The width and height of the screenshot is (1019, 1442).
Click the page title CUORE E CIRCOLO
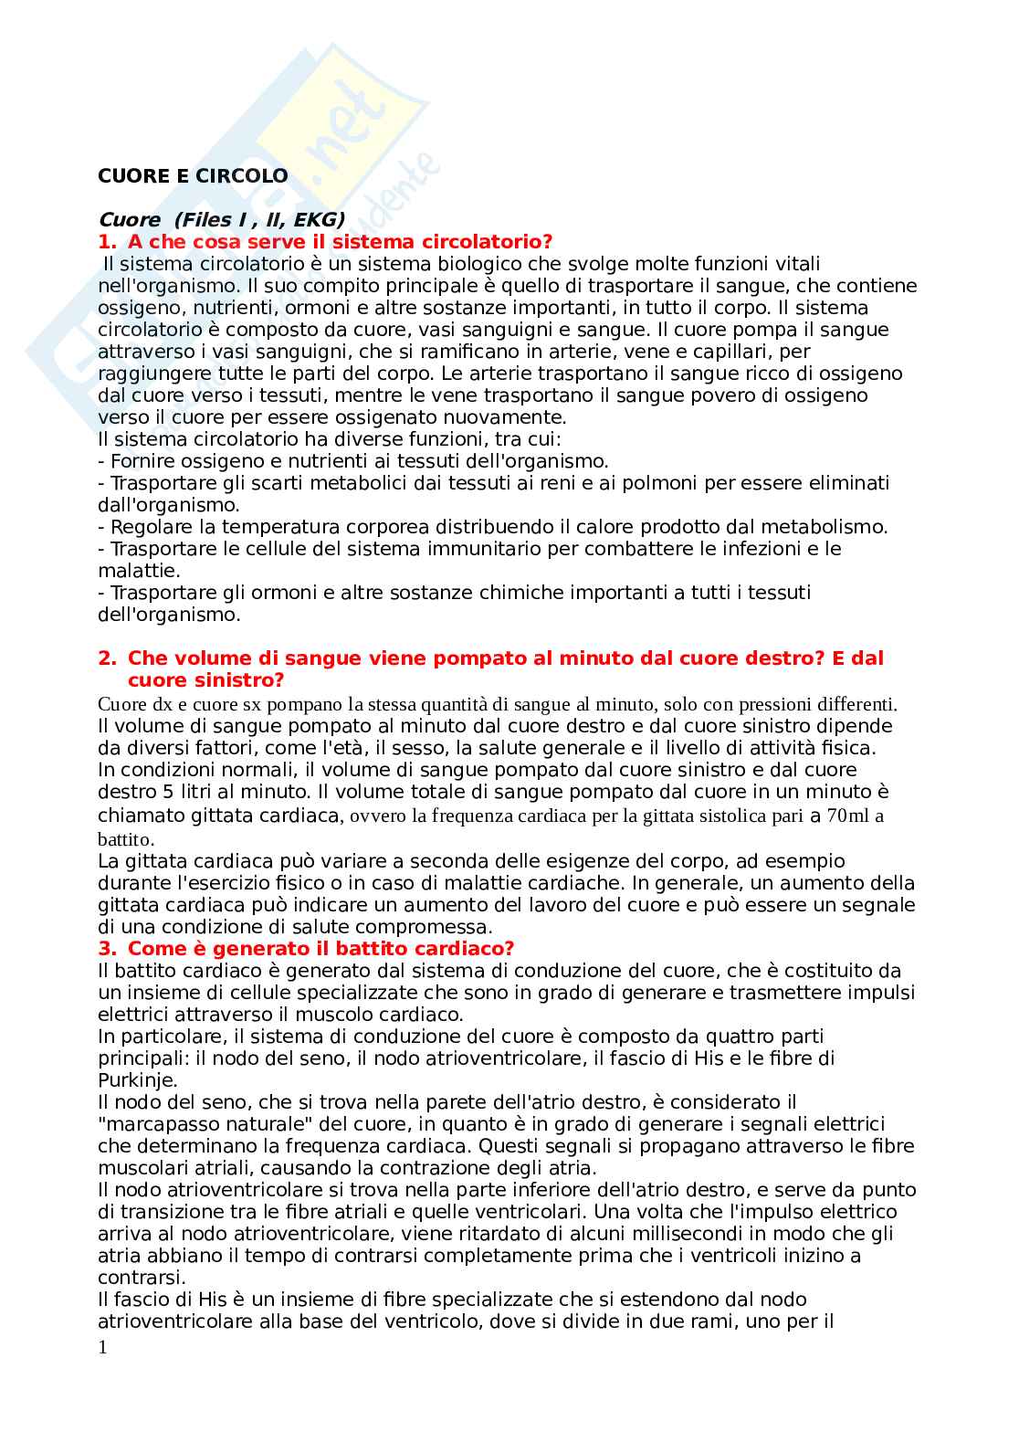coord(193,176)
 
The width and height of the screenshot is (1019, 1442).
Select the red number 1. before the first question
coord(107,242)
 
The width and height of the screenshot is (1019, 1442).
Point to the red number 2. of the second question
coord(107,658)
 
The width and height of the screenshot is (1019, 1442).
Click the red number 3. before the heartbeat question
coord(107,949)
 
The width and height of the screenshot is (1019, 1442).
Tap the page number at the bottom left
coord(102,1347)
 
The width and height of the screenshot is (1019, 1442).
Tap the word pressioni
coord(774,704)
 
